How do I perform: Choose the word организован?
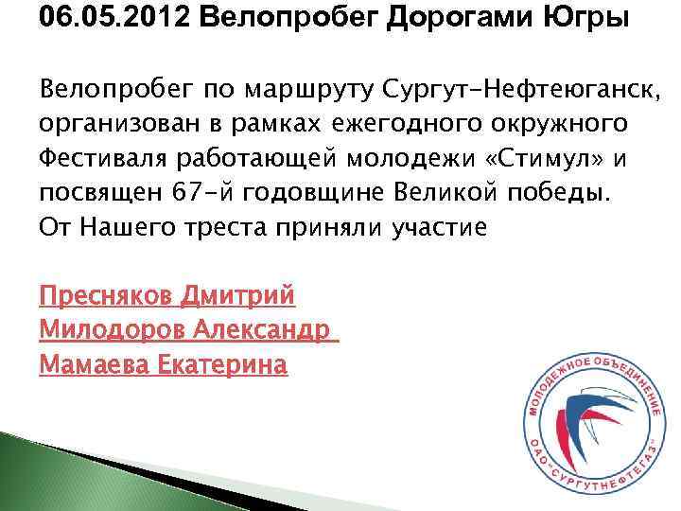coord(112,125)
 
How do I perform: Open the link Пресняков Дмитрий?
coord(167,296)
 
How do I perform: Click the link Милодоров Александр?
coord(187,330)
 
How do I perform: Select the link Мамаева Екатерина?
coord(164,364)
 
